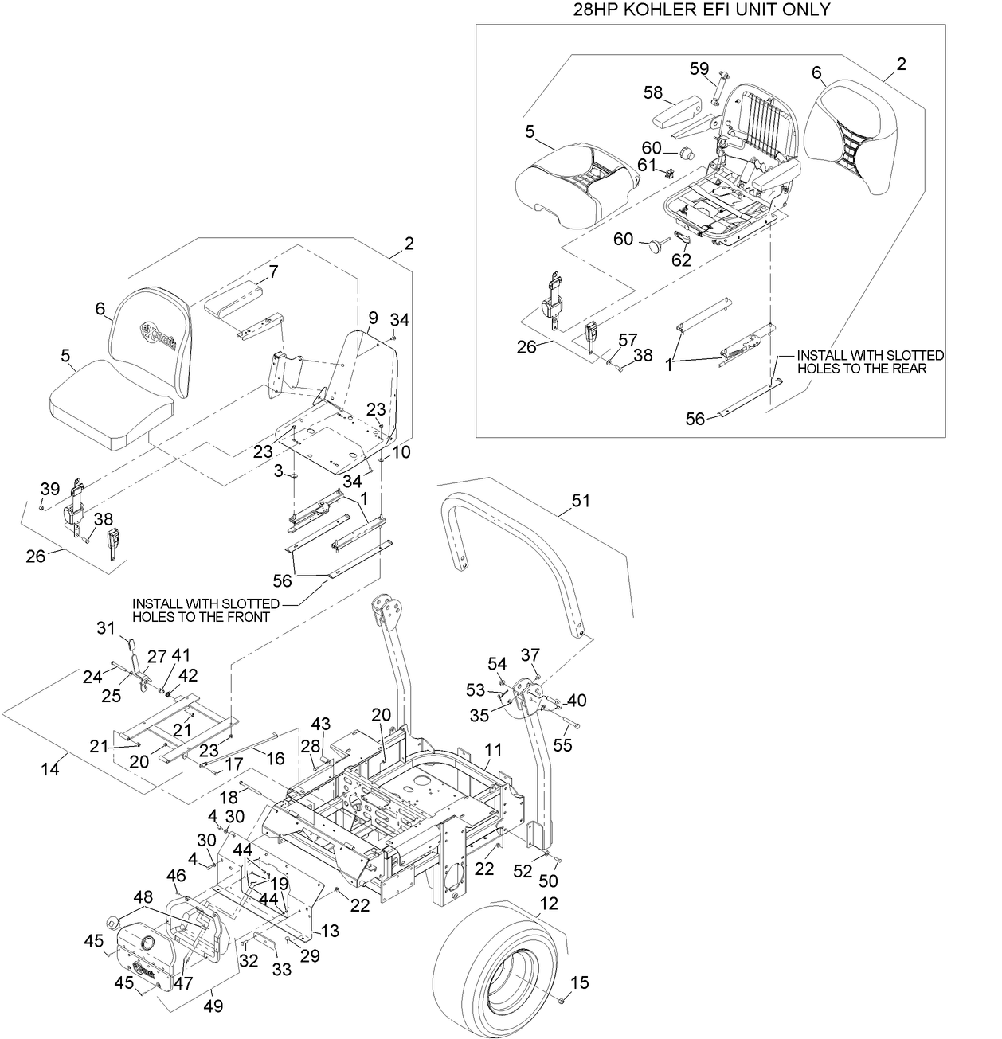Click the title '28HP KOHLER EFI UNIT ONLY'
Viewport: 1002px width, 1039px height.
coord(700,10)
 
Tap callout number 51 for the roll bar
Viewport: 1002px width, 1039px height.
coord(582,501)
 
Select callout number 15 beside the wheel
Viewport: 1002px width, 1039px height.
coord(581,983)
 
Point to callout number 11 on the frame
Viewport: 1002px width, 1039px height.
coord(494,750)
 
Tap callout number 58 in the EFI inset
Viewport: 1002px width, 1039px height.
coord(653,94)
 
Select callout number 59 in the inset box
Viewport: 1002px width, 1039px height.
coord(699,69)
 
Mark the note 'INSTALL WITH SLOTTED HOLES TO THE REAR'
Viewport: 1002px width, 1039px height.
coord(870,362)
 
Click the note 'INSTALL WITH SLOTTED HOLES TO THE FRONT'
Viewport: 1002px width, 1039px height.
coord(205,610)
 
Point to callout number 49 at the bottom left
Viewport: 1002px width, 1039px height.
coord(213,1006)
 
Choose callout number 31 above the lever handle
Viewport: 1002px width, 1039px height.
coord(107,628)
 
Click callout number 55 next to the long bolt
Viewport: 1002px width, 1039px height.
coord(562,744)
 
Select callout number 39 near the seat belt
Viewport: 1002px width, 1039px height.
coord(50,488)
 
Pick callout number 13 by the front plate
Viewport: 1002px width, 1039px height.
coord(330,931)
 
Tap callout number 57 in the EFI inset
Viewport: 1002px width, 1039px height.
coord(628,340)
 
